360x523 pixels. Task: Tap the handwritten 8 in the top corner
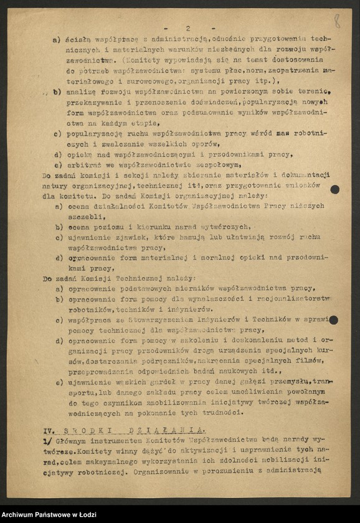pos(337,23)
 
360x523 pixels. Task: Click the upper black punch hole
pos(334,189)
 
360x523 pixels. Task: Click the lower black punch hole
pos(333,320)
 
